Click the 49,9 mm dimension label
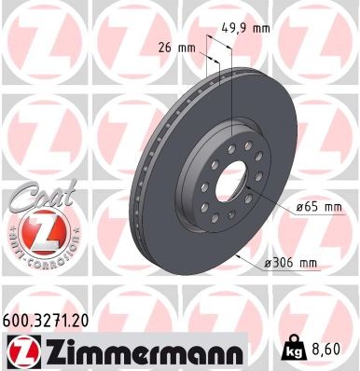point(249,28)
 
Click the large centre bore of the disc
point(230,182)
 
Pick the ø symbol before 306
point(269,266)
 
